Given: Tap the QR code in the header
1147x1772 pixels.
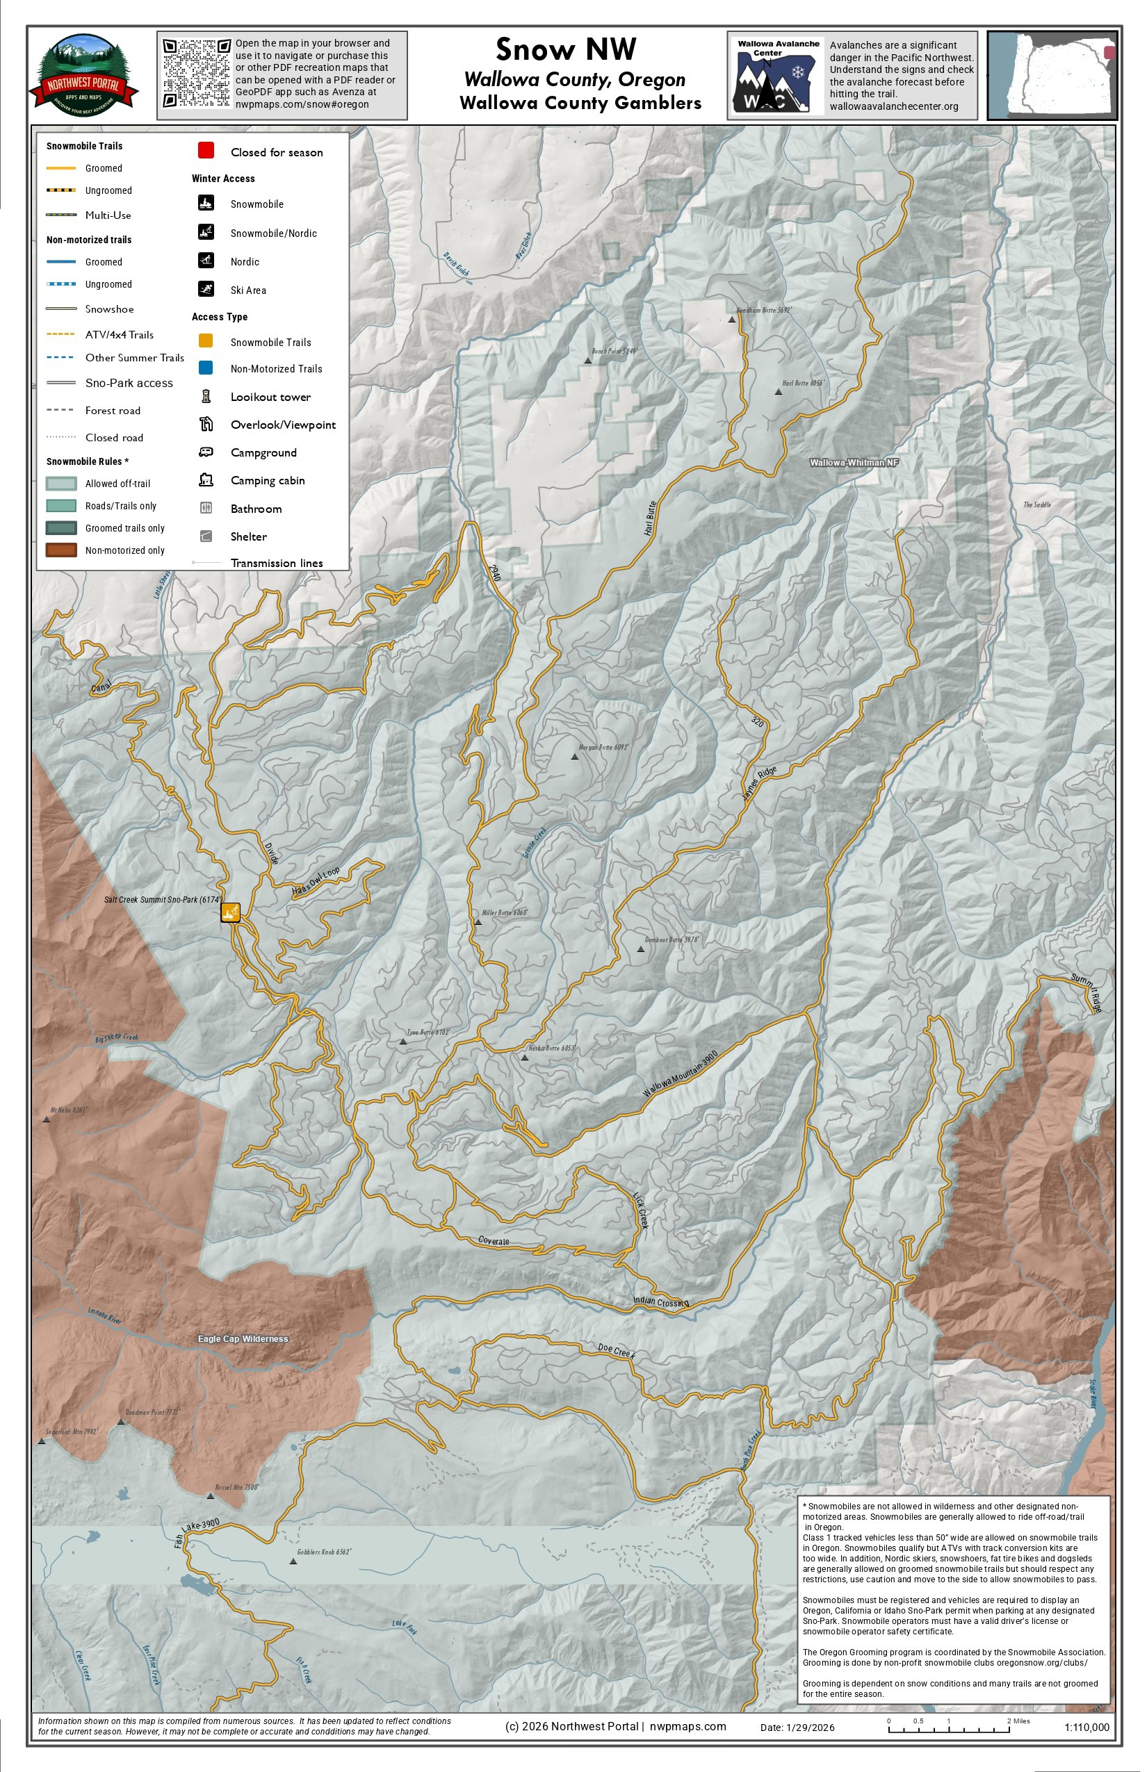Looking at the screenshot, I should [197, 73].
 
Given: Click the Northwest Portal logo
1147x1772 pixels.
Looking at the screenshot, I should [83, 74].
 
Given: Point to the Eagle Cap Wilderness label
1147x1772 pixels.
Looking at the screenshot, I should [243, 1338].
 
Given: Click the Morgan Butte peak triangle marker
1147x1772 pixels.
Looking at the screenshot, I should [574, 757].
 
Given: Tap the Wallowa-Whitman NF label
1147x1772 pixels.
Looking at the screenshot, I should [854, 462].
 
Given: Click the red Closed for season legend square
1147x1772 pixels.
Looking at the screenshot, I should [206, 150].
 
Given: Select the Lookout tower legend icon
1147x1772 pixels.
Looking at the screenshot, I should [206, 396].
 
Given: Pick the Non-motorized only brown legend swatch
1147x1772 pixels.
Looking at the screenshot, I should [61, 550].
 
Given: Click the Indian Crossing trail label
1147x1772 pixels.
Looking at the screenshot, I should [660, 1302].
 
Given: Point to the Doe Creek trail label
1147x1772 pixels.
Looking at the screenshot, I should [617, 1352].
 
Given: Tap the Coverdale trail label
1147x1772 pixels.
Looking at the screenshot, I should [494, 1241].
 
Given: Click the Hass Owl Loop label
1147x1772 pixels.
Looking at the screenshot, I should [316, 881].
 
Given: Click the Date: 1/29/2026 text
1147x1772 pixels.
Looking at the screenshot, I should [797, 1728].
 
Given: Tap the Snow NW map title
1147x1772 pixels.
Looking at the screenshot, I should [566, 49].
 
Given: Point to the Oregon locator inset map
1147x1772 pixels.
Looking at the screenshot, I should [1052, 74].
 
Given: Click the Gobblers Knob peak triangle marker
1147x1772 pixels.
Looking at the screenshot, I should [293, 1561].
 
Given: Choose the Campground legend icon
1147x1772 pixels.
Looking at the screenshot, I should [206, 452].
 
